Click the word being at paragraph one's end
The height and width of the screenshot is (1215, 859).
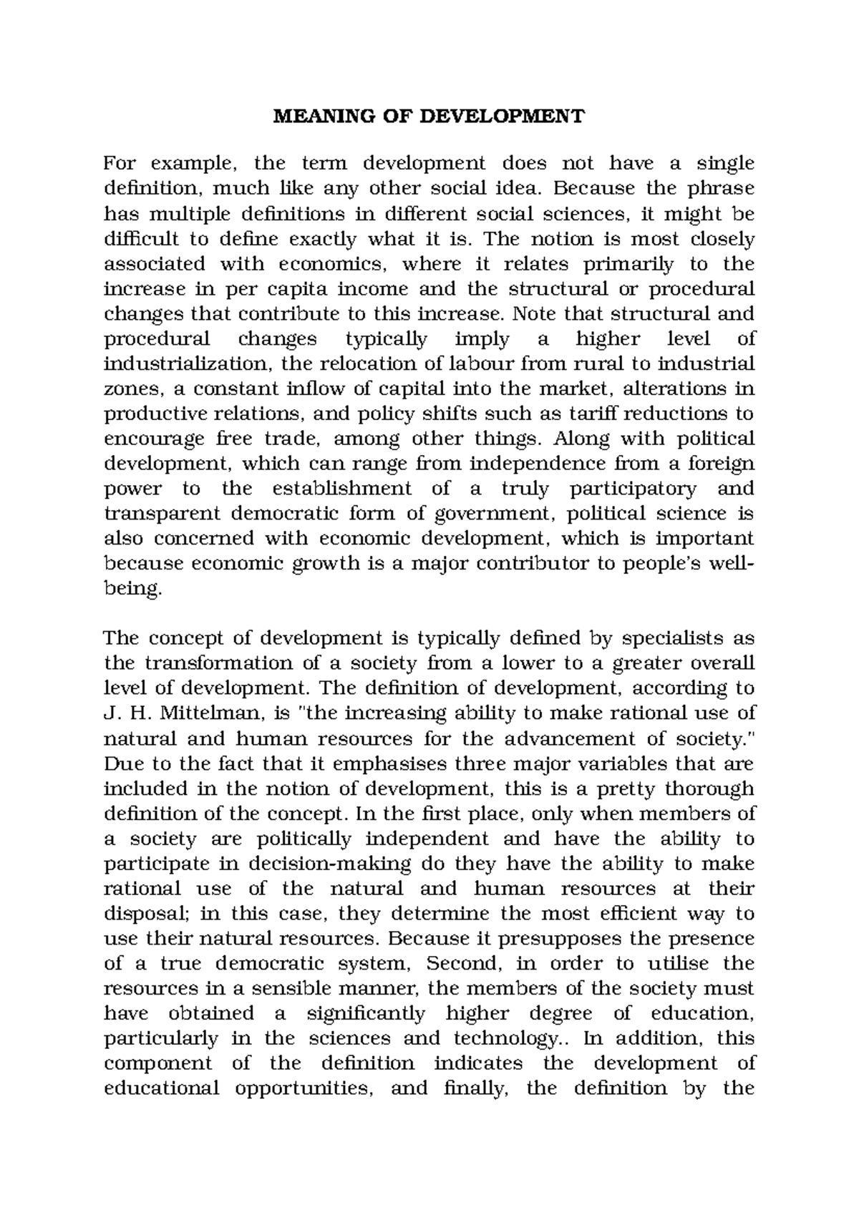[132, 589]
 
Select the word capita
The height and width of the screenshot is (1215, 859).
[298, 289]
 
